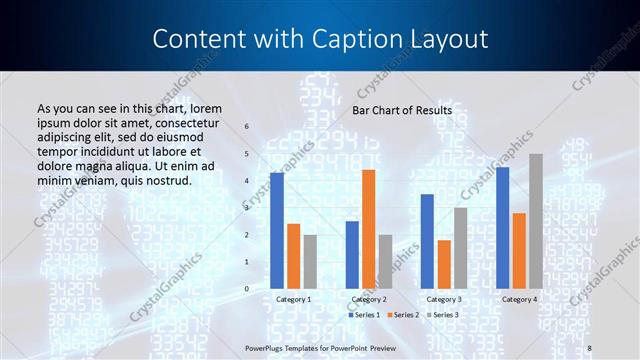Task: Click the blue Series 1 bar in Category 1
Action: pyautogui.click(x=277, y=231)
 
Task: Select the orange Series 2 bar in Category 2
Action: pyautogui.click(x=369, y=229)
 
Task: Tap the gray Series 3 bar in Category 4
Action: pyautogui.click(x=536, y=221)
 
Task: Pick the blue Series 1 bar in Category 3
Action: pyautogui.click(x=427, y=241)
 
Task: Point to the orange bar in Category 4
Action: pyautogui.click(x=519, y=250)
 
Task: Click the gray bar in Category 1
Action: pyautogui.click(x=310, y=261)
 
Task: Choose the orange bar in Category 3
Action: pyautogui.click(x=443, y=264)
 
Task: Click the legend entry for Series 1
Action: pyautogui.click(x=364, y=315)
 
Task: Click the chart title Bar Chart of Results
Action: pyautogui.click(x=402, y=110)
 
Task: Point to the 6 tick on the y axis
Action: pyautogui.click(x=246, y=127)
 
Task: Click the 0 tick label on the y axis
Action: pyautogui.click(x=246, y=289)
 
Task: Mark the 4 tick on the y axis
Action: pyautogui.click(x=246, y=181)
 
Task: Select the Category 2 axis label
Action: pyautogui.click(x=369, y=299)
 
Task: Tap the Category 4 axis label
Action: pyautogui.click(x=519, y=299)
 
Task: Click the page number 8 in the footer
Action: pyautogui.click(x=590, y=347)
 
